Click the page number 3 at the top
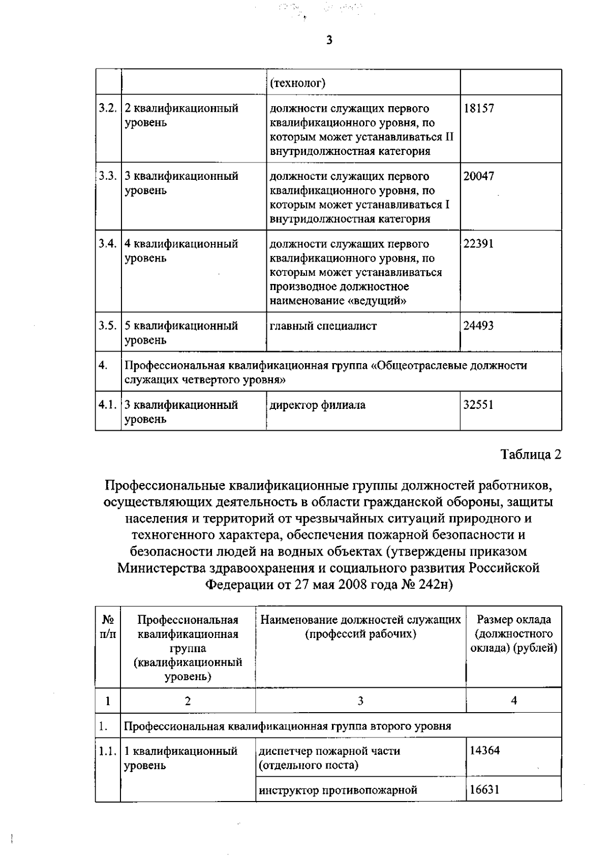pos(329,40)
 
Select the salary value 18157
pos(478,108)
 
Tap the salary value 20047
pos(478,176)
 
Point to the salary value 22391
pos(478,244)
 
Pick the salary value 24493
pos(478,326)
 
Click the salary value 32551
pos(478,405)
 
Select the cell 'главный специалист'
pos(323,326)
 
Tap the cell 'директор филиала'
pos(317,405)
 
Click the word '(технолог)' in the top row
pos(298,83)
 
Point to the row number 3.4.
pos(107,244)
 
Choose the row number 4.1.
pos(107,405)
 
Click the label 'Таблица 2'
pos(531,454)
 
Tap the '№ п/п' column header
pos(108,627)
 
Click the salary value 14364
pos(484,750)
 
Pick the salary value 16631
pos(484,789)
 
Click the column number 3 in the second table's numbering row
pos(360,701)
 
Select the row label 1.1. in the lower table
pos(108,751)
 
